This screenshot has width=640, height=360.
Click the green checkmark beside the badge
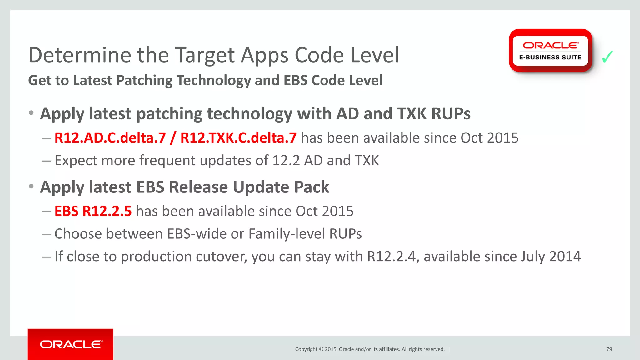coord(607,57)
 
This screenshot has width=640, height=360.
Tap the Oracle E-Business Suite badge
coord(550,51)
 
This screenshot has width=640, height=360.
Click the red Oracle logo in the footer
coord(71,344)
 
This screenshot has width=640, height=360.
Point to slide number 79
coord(609,349)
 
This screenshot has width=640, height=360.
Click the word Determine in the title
coord(80,55)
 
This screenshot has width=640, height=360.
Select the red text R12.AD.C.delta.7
coord(110,138)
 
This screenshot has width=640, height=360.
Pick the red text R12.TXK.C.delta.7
coord(238,138)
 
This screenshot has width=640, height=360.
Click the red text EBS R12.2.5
coord(93,211)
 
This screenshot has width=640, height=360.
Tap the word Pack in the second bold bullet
coord(311,187)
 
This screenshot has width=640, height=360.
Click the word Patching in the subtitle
coord(144,80)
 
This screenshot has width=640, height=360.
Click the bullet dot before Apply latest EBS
coord(31,187)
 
